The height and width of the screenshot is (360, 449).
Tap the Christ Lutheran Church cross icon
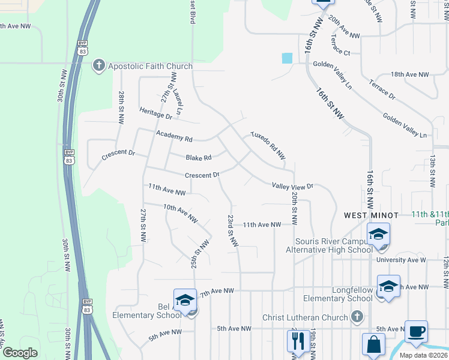(357, 316)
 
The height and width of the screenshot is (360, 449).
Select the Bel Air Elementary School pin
(185, 301)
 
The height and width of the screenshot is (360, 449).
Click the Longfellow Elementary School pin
(388, 287)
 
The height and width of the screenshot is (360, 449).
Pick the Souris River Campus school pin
(378, 235)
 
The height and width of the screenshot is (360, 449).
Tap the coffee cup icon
(415, 331)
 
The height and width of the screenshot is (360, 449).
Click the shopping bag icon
(373, 345)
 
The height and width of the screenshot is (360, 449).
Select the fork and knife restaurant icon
(297, 342)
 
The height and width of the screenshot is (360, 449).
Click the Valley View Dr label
(293, 187)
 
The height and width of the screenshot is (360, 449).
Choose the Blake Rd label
(199, 158)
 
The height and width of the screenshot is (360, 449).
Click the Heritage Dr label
(155, 112)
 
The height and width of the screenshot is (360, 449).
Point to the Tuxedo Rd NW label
(267, 142)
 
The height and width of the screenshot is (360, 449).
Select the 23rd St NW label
(232, 230)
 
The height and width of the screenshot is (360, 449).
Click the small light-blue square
(287, 58)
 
